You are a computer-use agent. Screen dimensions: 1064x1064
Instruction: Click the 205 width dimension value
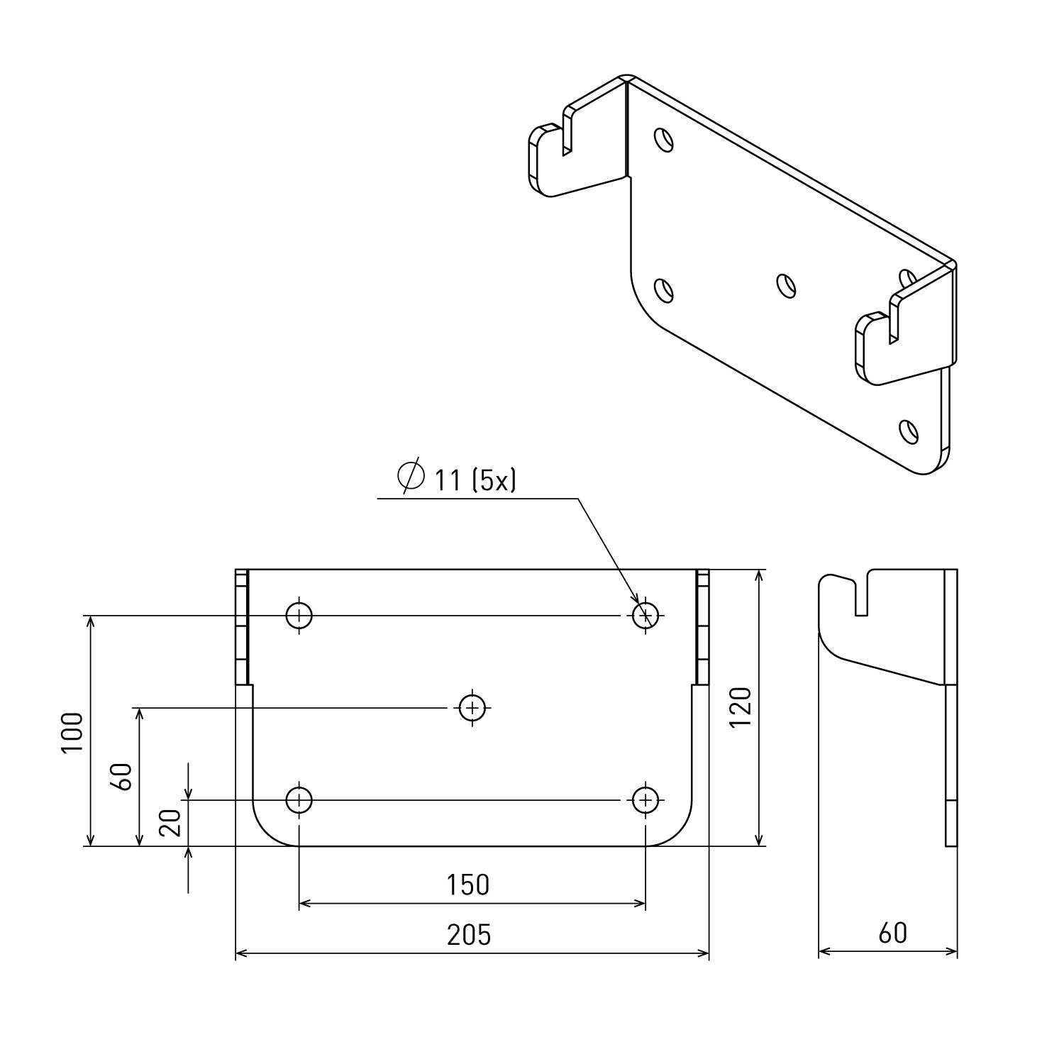469,935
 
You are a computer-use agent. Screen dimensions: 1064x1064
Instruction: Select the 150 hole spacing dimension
468,885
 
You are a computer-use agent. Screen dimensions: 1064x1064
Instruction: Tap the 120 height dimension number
739,706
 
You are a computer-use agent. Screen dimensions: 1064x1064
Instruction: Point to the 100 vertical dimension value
73,733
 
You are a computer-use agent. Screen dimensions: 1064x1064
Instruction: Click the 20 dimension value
171,823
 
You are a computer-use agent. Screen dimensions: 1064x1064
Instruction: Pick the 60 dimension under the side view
892,933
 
